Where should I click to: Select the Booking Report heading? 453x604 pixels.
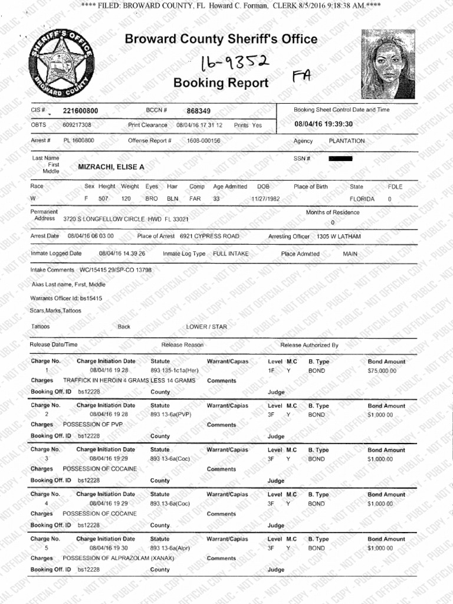pyautogui.click(x=221, y=83)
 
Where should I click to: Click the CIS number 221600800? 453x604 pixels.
pyautogui.click(x=80, y=111)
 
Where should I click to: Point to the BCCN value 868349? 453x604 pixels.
pyautogui.click(x=198, y=111)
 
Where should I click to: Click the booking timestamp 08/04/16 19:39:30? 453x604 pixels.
pyautogui.click(x=323, y=124)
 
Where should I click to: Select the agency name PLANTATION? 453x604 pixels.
pyautogui.click(x=347, y=142)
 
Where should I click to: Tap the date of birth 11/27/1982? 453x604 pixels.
pyautogui.click(x=265, y=199)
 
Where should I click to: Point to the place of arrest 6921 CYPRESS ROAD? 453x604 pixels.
pyautogui.click(x=209, y=237)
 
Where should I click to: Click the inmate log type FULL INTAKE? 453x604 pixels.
pyautogui.click(x=231, y=254)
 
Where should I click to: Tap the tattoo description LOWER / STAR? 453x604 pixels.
pyautogui.click(x=206, y=327)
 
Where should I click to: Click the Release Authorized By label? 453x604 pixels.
pyautogui.click(x=309, y=345)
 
